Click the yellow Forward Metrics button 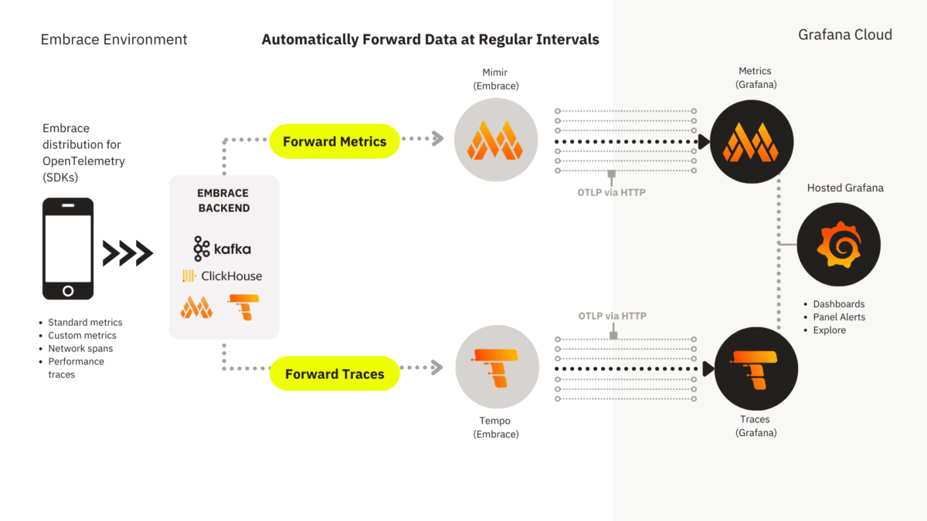pyautogui.click(x=334, y=141)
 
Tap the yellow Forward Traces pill pyautogui.click(x=334, y=374)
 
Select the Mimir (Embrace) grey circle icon pyautogui.click(x=496, y=140)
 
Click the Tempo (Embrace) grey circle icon pyautogui.click(x=497, y=367)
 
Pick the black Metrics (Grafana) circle pyautogui.click(x=752, y=141)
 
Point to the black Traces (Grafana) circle pyautogui.click(x=756, y=368)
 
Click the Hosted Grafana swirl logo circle pyautogui.click(x=839, y=245)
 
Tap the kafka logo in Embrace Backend pyautogui.click(x=222, y=249)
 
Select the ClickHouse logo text pyautogui.click(x=222, y=276)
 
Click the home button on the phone pyautogui.click(x=68, y=291)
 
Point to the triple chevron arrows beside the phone pyautogui.click(x=128, y=253)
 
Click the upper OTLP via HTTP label pyautogui.click(x=611, y=192)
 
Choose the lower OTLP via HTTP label pyautogui.click(x=612, y=316)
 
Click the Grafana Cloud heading pyautogui.click(x=845, y=35)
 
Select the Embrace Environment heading pyautogui.click(x=114, y=39)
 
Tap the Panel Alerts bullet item pyautogui.click(x=839, y=317)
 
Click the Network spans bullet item pyautogui.click(x=80, y=348)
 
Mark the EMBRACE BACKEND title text pyautogui.click(x=223, y=201)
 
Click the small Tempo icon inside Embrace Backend pyautogui.click(x=243, y=307)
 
